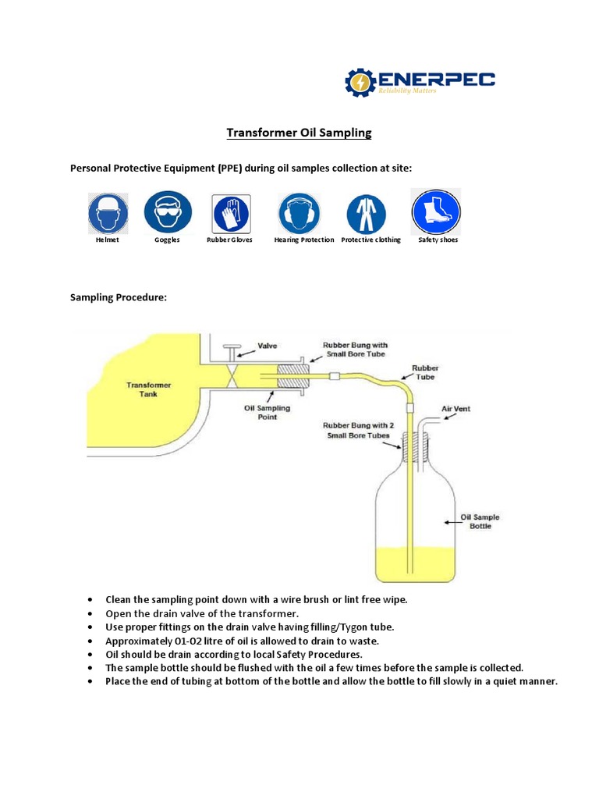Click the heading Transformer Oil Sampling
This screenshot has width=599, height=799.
[x=299, y=133]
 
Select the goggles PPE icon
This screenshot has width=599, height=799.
[x=167, y=212]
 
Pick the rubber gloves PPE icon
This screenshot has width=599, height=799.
[x=230, y=213]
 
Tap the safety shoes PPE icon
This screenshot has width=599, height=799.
[x=437, y=212]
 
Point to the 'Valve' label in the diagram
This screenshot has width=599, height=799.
[x=268, y=345]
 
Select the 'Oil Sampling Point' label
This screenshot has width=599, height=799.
[x=268, y=412]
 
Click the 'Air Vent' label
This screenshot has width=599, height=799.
[x=456, y=408]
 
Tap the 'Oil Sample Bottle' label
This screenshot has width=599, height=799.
[x=480, y=521]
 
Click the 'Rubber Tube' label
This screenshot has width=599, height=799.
[x=426, y=372]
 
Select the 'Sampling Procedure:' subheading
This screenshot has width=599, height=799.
[x=119, y=297]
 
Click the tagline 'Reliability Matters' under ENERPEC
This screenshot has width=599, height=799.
[x=408, y=91]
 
